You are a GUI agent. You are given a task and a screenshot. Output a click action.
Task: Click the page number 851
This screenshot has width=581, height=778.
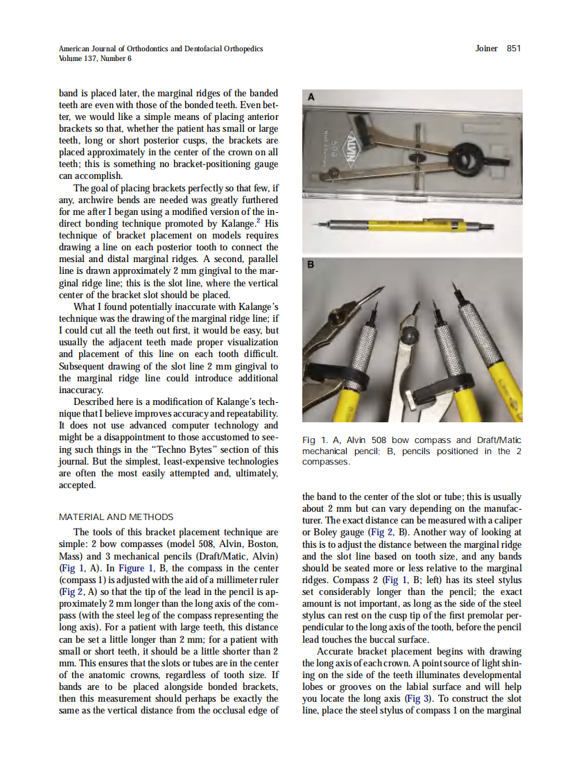point(514,49)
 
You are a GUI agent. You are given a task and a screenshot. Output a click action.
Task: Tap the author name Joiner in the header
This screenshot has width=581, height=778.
point(487,49)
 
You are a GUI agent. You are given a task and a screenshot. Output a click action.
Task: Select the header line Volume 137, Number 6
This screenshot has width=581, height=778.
point(95,58)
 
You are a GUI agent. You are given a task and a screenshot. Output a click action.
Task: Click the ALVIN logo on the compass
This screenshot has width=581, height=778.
point(364,145)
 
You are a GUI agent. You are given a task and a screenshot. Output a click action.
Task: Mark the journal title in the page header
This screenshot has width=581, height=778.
point(161,49)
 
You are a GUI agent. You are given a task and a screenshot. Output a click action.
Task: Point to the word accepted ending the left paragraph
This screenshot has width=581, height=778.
point(77,485)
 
